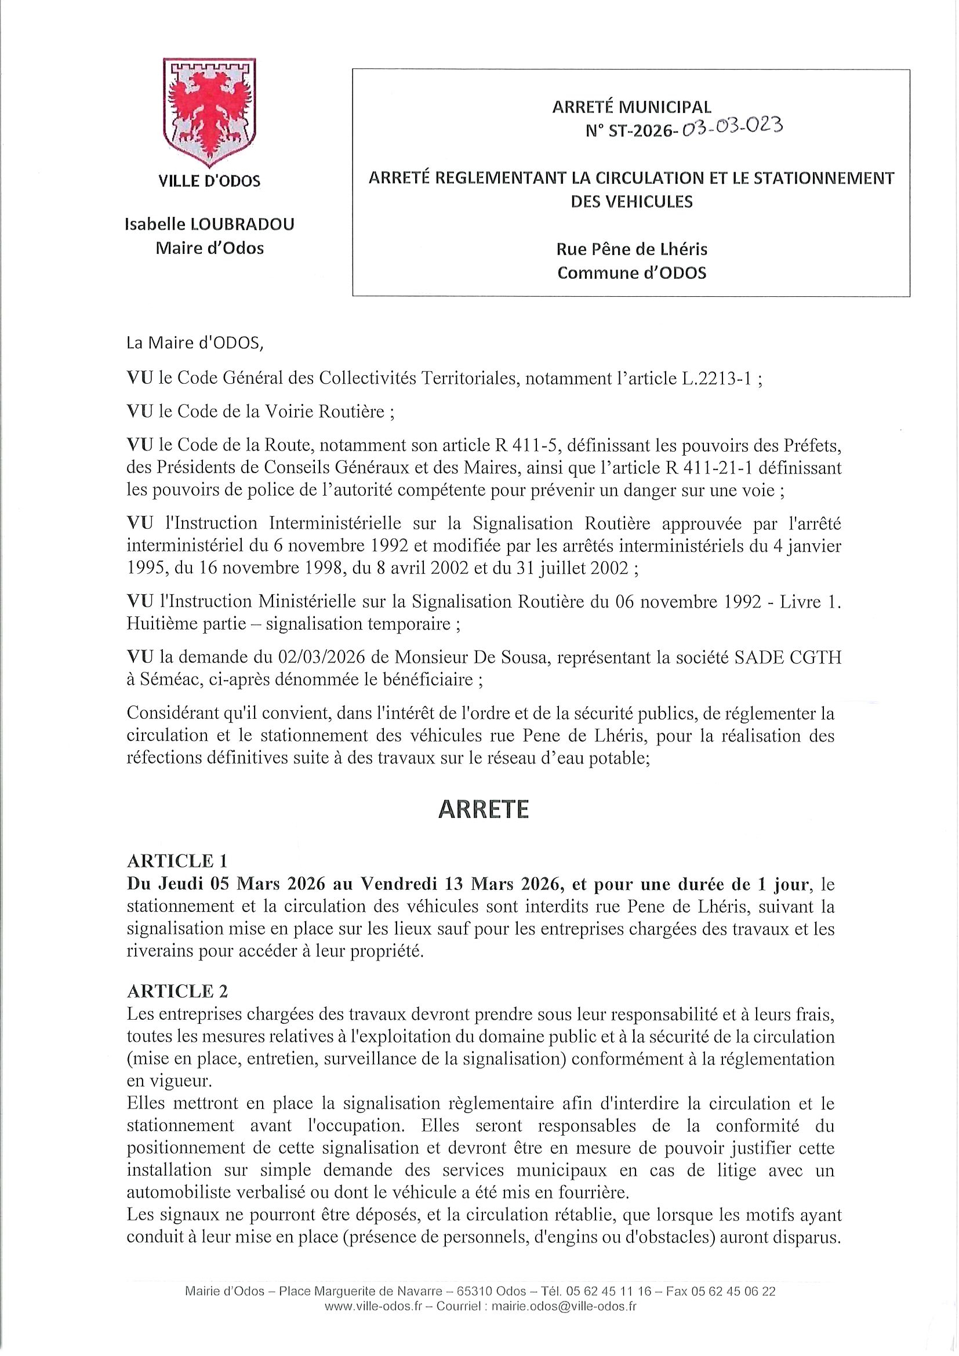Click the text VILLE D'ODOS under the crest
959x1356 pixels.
click(209, 181)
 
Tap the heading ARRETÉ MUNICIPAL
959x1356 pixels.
click(631, 107)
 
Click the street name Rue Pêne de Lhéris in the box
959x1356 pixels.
click(631, 249)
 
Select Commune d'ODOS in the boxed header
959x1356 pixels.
click(631, 273)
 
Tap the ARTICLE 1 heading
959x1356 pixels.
click(177, 860)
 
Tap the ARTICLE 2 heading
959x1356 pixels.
click(177, 990)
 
